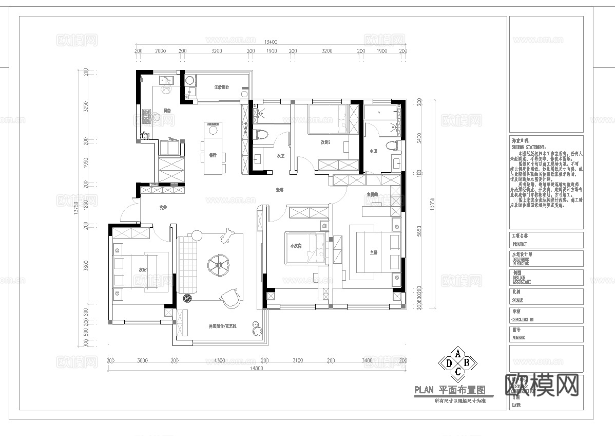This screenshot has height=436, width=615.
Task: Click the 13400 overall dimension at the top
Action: pyautogui.click(x=271, y=42)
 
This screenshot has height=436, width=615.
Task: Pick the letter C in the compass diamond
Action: pyautogui.click(x=457, y=371)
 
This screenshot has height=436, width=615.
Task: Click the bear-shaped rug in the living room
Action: pyautogui.click(x=226, y=237)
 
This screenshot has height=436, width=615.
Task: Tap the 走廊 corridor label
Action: pyautogui.click(x=279, y=190)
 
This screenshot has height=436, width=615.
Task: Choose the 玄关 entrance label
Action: pyautogui.click(x=164, y=208)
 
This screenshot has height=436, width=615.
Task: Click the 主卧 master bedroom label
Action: pyautogui.click(x=374, y=252)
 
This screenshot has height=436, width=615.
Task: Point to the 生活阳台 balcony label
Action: pyautogui.click(x=222, y=87)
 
